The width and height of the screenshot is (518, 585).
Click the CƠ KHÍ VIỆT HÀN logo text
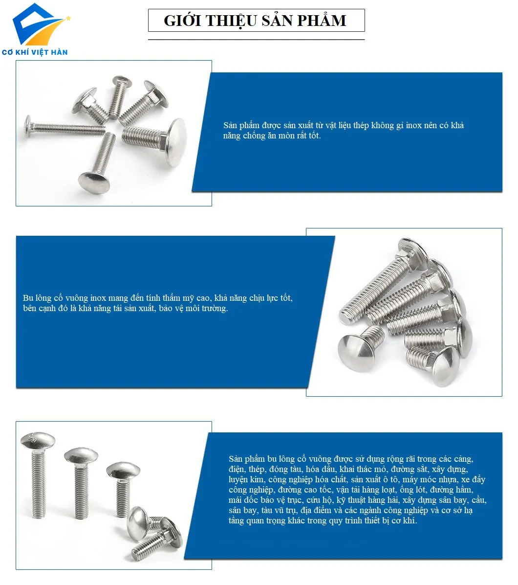tap(35, 52)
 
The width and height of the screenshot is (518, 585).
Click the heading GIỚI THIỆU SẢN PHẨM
tap(256, 21)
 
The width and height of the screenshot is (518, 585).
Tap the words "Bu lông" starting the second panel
tap(35, 298)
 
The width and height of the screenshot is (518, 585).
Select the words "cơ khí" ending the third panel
tap(406, 520)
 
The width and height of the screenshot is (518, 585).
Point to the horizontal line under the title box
tap(256, 39)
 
